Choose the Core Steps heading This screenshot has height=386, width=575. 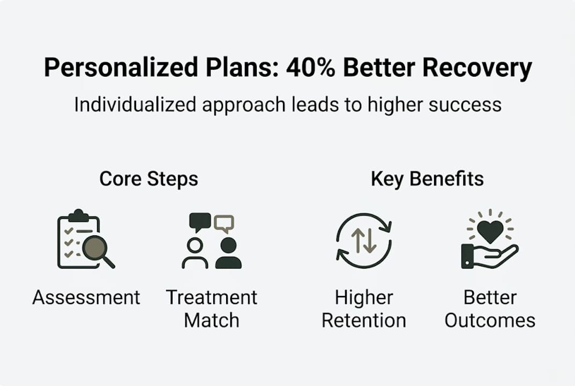coord(148,179)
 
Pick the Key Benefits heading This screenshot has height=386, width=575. coord(427,179)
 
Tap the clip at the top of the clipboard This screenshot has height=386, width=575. coord(78,214)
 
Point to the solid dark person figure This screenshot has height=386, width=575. coord(229,253)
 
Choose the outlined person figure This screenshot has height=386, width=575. coord(195,253)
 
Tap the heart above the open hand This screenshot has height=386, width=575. coord(490,231)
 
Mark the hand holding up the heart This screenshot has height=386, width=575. coord(489,256)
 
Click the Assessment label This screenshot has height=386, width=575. coord(86,297)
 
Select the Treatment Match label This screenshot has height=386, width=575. coord(212,308)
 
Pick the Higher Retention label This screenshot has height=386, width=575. coord(364,308)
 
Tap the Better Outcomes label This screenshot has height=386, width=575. coord(490,308)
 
